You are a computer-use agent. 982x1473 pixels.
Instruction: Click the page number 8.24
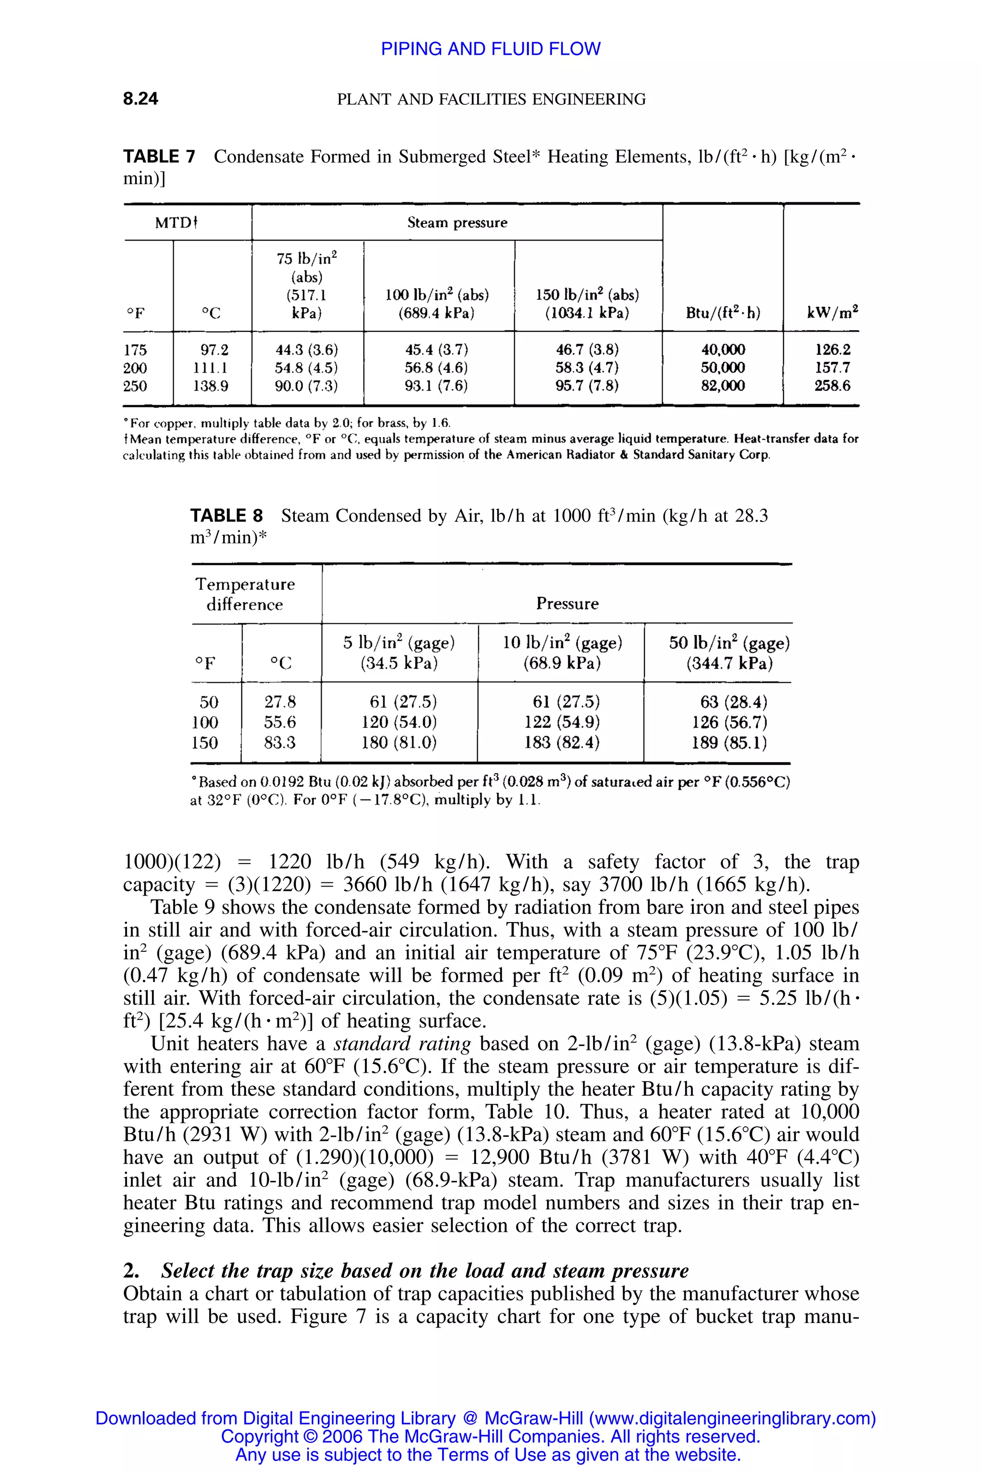pyautogui.click(x=140, y=99)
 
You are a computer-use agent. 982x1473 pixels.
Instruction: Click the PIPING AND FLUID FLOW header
pyautogui.click(x=491, y=49)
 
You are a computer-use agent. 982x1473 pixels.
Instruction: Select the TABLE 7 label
pyautogui.click(x=159, y=157)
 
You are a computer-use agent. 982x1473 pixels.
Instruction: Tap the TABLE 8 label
pyautogui.click(x=226, y=516)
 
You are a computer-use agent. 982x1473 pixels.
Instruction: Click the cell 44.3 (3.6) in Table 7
pyautogui.click(x=306, y=350)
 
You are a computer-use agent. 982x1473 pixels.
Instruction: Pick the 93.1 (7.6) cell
pyautogui.click(x=436, y=386)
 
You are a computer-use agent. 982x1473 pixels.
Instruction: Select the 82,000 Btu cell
pyautogui.click(x=723, y=386)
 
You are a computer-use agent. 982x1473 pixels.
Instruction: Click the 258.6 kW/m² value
pyautogui.click(x=832, y=386)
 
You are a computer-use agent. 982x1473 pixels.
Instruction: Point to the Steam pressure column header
pyautogui.click(x=457, y=223)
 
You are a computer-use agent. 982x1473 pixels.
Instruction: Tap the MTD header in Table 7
pyautogui.click(x=176, y=223)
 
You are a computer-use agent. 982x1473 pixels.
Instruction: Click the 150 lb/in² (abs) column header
pyautogui.click(x=587, y=304)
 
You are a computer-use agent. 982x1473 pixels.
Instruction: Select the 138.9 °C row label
pyautogui.click(x=210, y=386)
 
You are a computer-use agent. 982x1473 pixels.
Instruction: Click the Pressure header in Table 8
pyautogui.click(x=567, y=604)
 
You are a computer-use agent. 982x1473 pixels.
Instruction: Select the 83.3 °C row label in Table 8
pyautogui.click(x=280, y=743)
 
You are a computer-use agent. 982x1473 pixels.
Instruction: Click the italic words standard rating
pyautogui.click(x=402, y=1044)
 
